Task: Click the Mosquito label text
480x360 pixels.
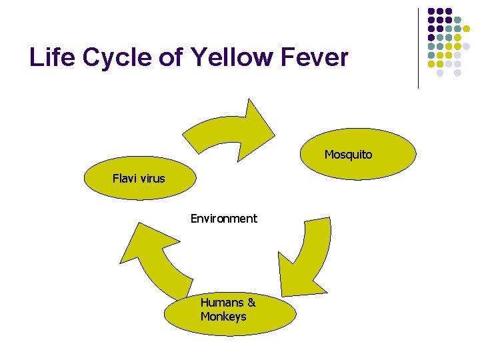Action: click(x=348, y=155)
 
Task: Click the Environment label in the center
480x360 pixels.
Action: click(x=223, y=218)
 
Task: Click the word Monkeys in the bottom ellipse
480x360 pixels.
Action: click(x=223, y=316)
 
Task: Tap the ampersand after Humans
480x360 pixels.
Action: click(x=251, y=302)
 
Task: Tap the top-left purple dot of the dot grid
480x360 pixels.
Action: click(x=431, y=11)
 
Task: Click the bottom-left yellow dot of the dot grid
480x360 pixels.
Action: click(x=431, y=64)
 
